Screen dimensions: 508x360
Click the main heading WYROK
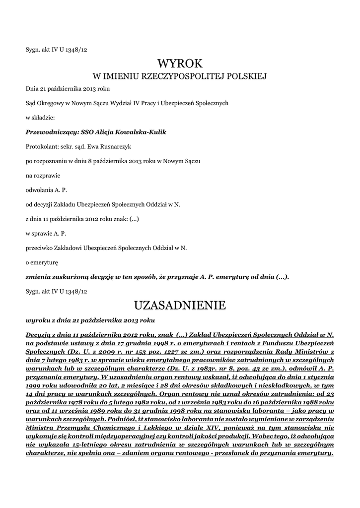click(x=180, y=63)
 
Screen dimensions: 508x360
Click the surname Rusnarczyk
click(x=117, y=146)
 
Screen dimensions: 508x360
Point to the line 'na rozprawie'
click(x=41, y=175)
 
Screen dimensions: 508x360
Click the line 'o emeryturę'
click(x=42, y=261)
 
